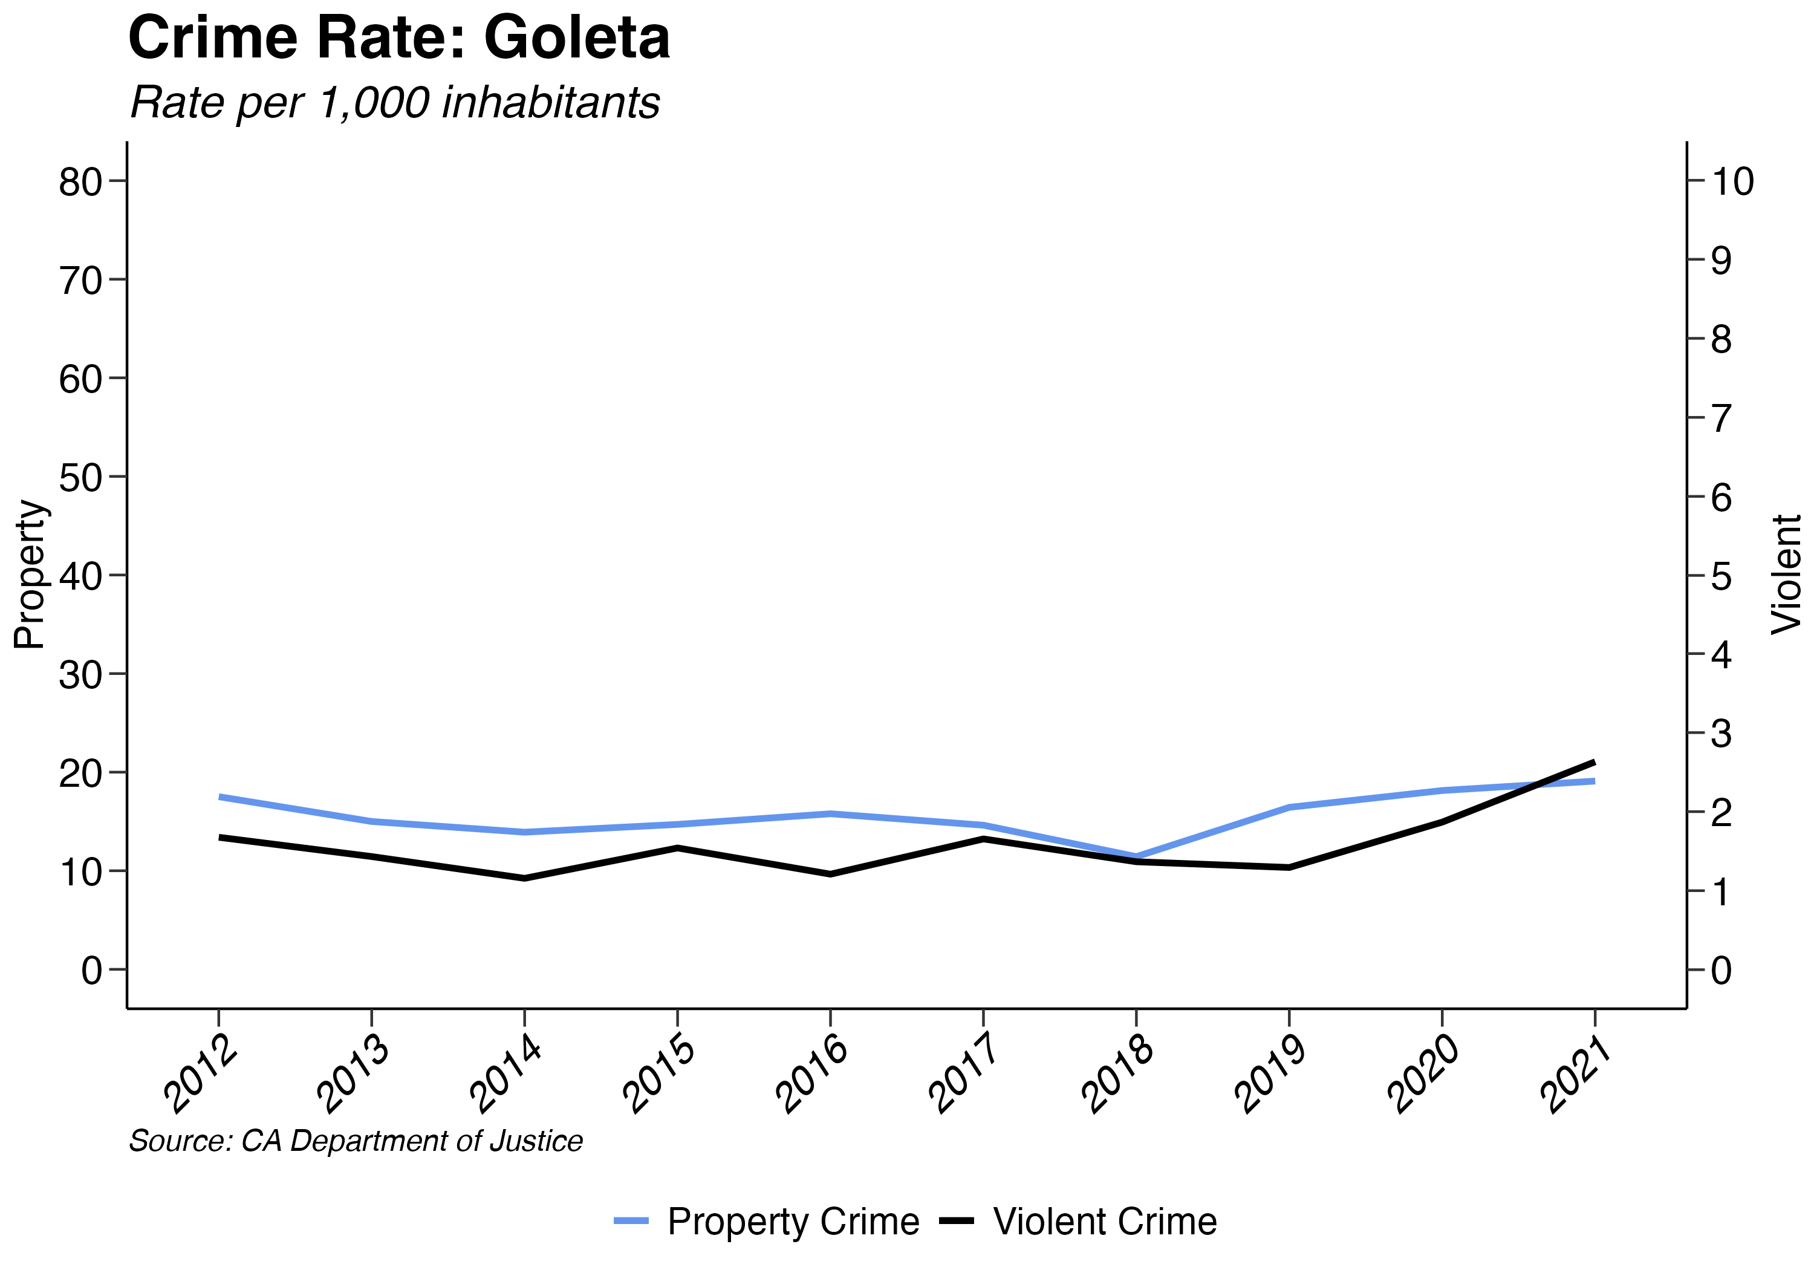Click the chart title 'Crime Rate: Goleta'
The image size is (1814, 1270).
pos(398,38)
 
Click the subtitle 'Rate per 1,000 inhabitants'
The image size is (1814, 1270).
pos(395,103)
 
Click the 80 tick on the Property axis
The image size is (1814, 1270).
pos(80,182)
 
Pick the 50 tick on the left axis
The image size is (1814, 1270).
pos(80,477)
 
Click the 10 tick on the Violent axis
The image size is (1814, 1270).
pos(1732,182)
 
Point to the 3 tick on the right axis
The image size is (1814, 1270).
pos(1721,734)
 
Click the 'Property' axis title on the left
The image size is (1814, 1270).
pos(30,575)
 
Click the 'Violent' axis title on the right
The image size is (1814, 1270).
pos(1786,575)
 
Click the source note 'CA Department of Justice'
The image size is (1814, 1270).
pos(356,1141)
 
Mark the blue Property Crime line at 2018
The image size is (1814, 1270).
pos(1136,856)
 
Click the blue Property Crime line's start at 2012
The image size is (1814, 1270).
pos(219,796)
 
